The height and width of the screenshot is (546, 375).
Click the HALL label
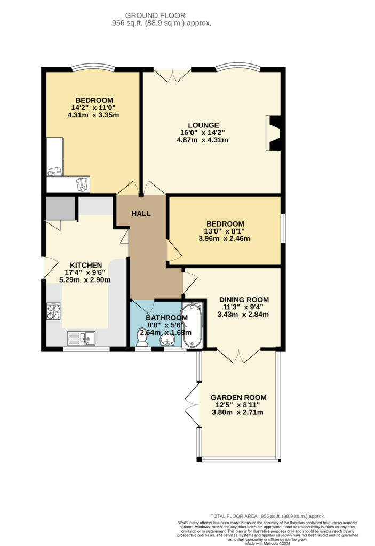[x=141, y=213]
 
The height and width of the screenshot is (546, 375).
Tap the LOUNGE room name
[x=204, y=125]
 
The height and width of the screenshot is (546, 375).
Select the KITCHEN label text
[x=86, y=265]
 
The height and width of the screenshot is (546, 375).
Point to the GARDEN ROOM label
[x=238, y=397]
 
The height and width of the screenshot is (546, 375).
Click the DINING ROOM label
[x=244, y=300]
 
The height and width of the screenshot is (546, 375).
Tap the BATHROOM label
[x=166, y=318]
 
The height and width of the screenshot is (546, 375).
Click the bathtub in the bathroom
[x=192, y=325]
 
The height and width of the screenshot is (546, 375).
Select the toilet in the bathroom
[x=142, y=337]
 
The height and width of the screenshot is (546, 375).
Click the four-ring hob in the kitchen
[x=53, y=311]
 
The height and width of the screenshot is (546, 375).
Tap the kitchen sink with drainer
[x=81, y=338]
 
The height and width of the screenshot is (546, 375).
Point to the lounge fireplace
[x=273, y=133]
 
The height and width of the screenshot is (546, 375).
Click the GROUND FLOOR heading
[x=155, y=15]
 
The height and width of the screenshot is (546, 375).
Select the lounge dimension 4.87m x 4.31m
[x=203, y=140]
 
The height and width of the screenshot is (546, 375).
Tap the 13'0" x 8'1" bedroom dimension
[x=225, y=231]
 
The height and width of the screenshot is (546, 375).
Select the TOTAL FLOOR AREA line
[x=268, y=516]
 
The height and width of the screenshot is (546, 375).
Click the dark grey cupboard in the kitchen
[x=61, y=208]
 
